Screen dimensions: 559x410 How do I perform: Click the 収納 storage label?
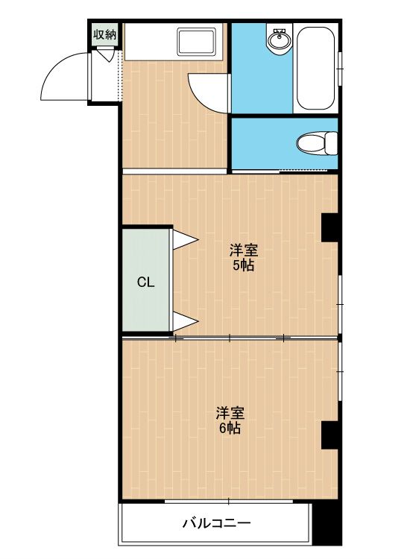105,34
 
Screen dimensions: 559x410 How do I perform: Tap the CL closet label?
145,282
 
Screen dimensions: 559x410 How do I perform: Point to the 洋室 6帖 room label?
230,420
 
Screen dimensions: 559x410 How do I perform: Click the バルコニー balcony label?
217,523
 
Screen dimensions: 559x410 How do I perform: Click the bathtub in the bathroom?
317,69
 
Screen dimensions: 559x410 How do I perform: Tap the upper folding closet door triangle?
185,239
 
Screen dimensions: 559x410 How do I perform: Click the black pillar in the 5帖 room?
329,227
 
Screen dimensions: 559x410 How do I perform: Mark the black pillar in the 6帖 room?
329,435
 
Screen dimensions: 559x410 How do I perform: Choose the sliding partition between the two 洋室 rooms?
230,338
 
